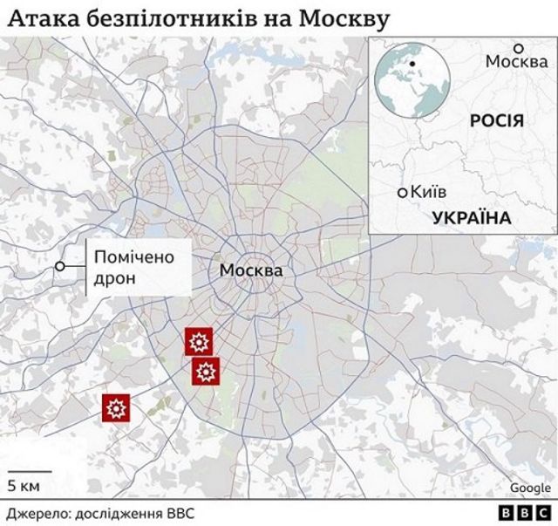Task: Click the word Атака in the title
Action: (37, 17)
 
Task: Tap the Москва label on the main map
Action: (251, 271)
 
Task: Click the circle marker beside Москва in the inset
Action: (517, 48)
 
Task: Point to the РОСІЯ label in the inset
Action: (496, 120)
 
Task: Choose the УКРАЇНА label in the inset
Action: (470, 218)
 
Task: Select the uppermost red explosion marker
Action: (198, 341)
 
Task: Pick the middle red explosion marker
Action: (206, 372)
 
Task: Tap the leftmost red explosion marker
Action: (117, 407)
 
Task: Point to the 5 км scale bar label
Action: (22, 485)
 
